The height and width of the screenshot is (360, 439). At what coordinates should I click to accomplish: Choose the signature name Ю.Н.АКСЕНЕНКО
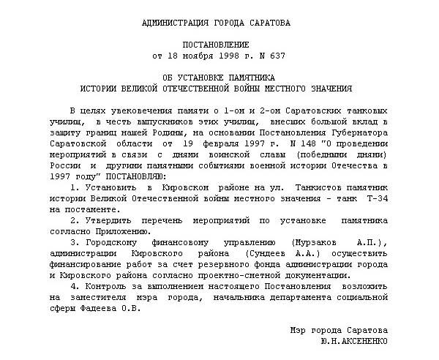(354, 342)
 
